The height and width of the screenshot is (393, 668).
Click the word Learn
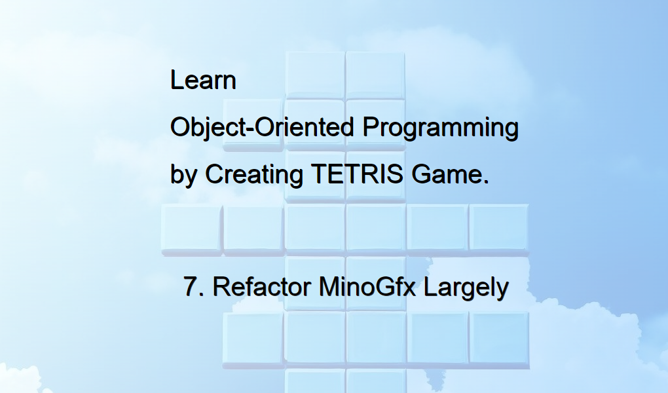tap(203, 81)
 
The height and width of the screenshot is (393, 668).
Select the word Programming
tap(441, 127)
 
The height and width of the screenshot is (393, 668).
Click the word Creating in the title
tap(254, 175)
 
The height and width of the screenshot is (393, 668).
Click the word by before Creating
tap(183, 175)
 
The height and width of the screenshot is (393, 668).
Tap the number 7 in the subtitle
tap(191, 288)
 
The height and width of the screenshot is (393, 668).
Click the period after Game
tap(485, 181)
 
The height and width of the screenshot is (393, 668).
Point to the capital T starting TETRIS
tap(317, 175)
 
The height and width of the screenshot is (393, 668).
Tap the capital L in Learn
tap(176, 81)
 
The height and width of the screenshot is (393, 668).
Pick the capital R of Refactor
tap(220, 288)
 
